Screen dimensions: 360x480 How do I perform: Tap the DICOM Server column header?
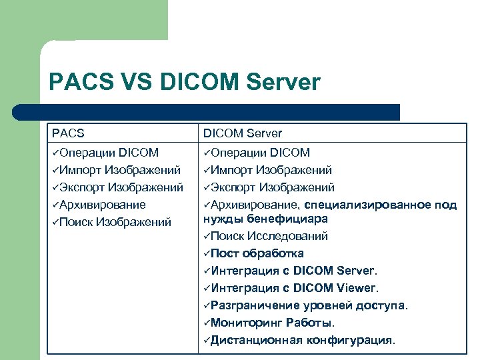tap(243, 133)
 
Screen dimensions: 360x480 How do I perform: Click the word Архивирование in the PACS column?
tap(102, 205)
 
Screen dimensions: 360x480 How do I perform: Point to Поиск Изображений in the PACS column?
tap(115, 222)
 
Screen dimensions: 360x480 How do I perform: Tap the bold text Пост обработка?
tap(257, 253)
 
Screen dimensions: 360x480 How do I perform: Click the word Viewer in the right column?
tap(356, 288)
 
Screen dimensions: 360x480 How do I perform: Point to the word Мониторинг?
tap(243, 323)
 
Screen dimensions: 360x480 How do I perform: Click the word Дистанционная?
tap(257, 340)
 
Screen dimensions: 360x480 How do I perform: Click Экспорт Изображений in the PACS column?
tap(117, 187)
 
